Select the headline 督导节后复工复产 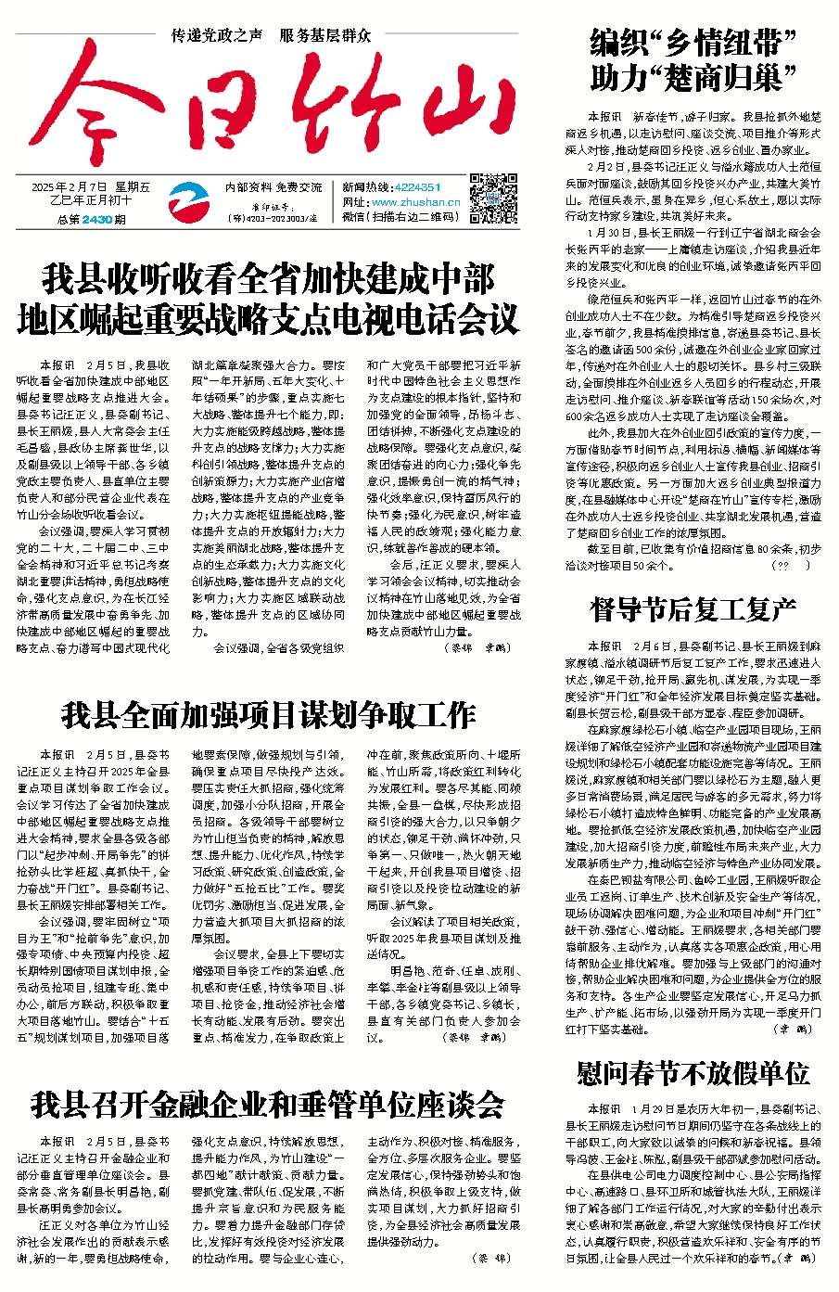(x=693, y=609)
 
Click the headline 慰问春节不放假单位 (x=693, y=1074)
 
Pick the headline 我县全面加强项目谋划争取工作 (x=268, y=714)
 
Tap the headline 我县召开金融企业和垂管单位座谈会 (x=268, y=1104)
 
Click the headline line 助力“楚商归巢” (x=693, y=77)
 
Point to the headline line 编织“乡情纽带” (x=693, y=42)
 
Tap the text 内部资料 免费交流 (x=273, y=186)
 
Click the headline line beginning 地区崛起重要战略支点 (x=268, y=320)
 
